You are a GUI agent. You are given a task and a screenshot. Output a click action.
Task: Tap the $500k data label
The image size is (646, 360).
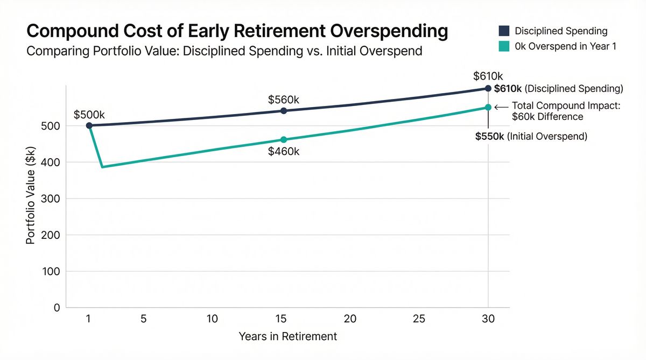pos(89,115)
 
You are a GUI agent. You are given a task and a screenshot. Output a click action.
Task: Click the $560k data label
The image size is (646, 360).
pos(283,100)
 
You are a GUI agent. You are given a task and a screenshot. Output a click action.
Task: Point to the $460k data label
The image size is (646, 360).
pos(283,152)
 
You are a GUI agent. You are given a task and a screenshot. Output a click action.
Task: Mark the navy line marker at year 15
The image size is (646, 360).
pos(284,111)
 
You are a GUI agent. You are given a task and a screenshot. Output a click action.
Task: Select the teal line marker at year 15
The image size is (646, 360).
pos(284,140)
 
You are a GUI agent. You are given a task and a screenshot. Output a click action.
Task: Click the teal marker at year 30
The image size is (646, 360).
pos(488,107)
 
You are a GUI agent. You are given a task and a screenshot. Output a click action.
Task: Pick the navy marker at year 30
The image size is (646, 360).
pos(488,88)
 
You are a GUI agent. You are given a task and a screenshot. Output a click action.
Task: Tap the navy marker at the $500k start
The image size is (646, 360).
pos(89,125)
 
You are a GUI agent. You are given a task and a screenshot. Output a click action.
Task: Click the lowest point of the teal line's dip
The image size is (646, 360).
pos(102,167)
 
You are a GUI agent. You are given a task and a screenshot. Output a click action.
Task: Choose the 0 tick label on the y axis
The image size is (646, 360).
pos(56,308)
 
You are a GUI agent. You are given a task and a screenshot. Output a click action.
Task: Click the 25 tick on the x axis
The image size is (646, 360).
pos(419,319)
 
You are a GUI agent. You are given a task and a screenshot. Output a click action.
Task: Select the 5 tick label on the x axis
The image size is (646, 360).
pos(143,319)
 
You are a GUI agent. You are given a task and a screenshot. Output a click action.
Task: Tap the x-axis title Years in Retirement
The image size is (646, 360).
pos(287,336)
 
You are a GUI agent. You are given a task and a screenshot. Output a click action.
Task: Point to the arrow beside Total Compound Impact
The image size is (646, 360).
pos(501,107)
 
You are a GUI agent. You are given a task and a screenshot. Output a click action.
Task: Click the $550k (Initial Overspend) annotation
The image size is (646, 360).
pos(531,137)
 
